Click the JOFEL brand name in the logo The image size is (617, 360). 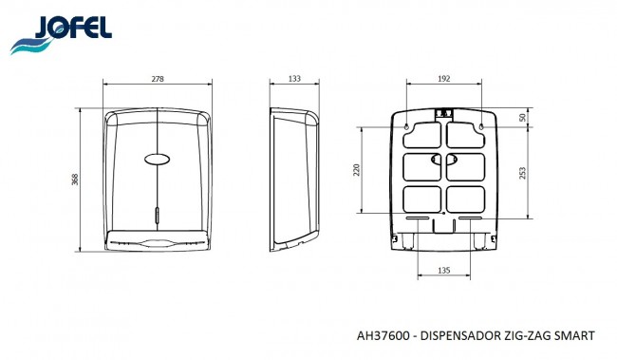coord(74,28)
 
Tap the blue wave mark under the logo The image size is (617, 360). coord(29,45)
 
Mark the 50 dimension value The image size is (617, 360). coord(523,118)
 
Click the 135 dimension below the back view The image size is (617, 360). coord(443,270)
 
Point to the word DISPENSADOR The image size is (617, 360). coord(465,335)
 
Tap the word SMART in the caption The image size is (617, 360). coord(577,335)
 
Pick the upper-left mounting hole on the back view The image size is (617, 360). coord(405,126)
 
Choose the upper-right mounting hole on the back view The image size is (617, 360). coord(481,126)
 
